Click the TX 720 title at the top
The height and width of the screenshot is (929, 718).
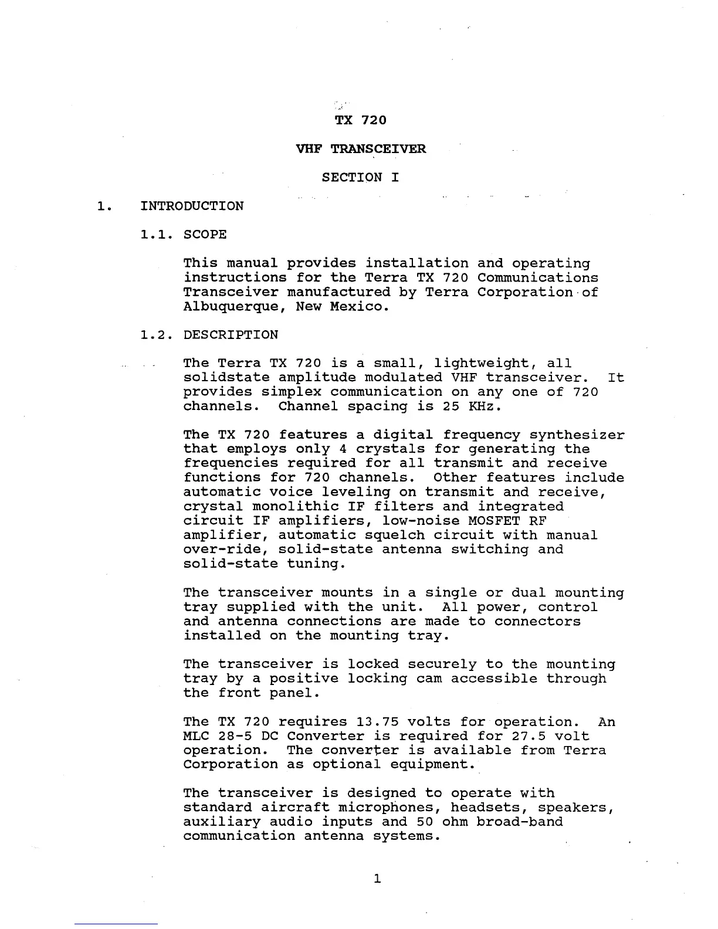[x=360, y=120]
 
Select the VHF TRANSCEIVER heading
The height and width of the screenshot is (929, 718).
[x=361, y=149]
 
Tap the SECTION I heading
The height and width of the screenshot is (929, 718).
[x=360, y=178]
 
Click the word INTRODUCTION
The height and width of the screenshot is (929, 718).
[x=192, y=206]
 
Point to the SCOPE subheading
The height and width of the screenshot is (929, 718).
[x=205, y=235]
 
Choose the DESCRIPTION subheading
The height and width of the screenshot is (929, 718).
[x=231, y=335]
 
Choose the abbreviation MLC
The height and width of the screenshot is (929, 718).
[x=196, y=737]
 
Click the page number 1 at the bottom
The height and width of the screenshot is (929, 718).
[x=377, y=879]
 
